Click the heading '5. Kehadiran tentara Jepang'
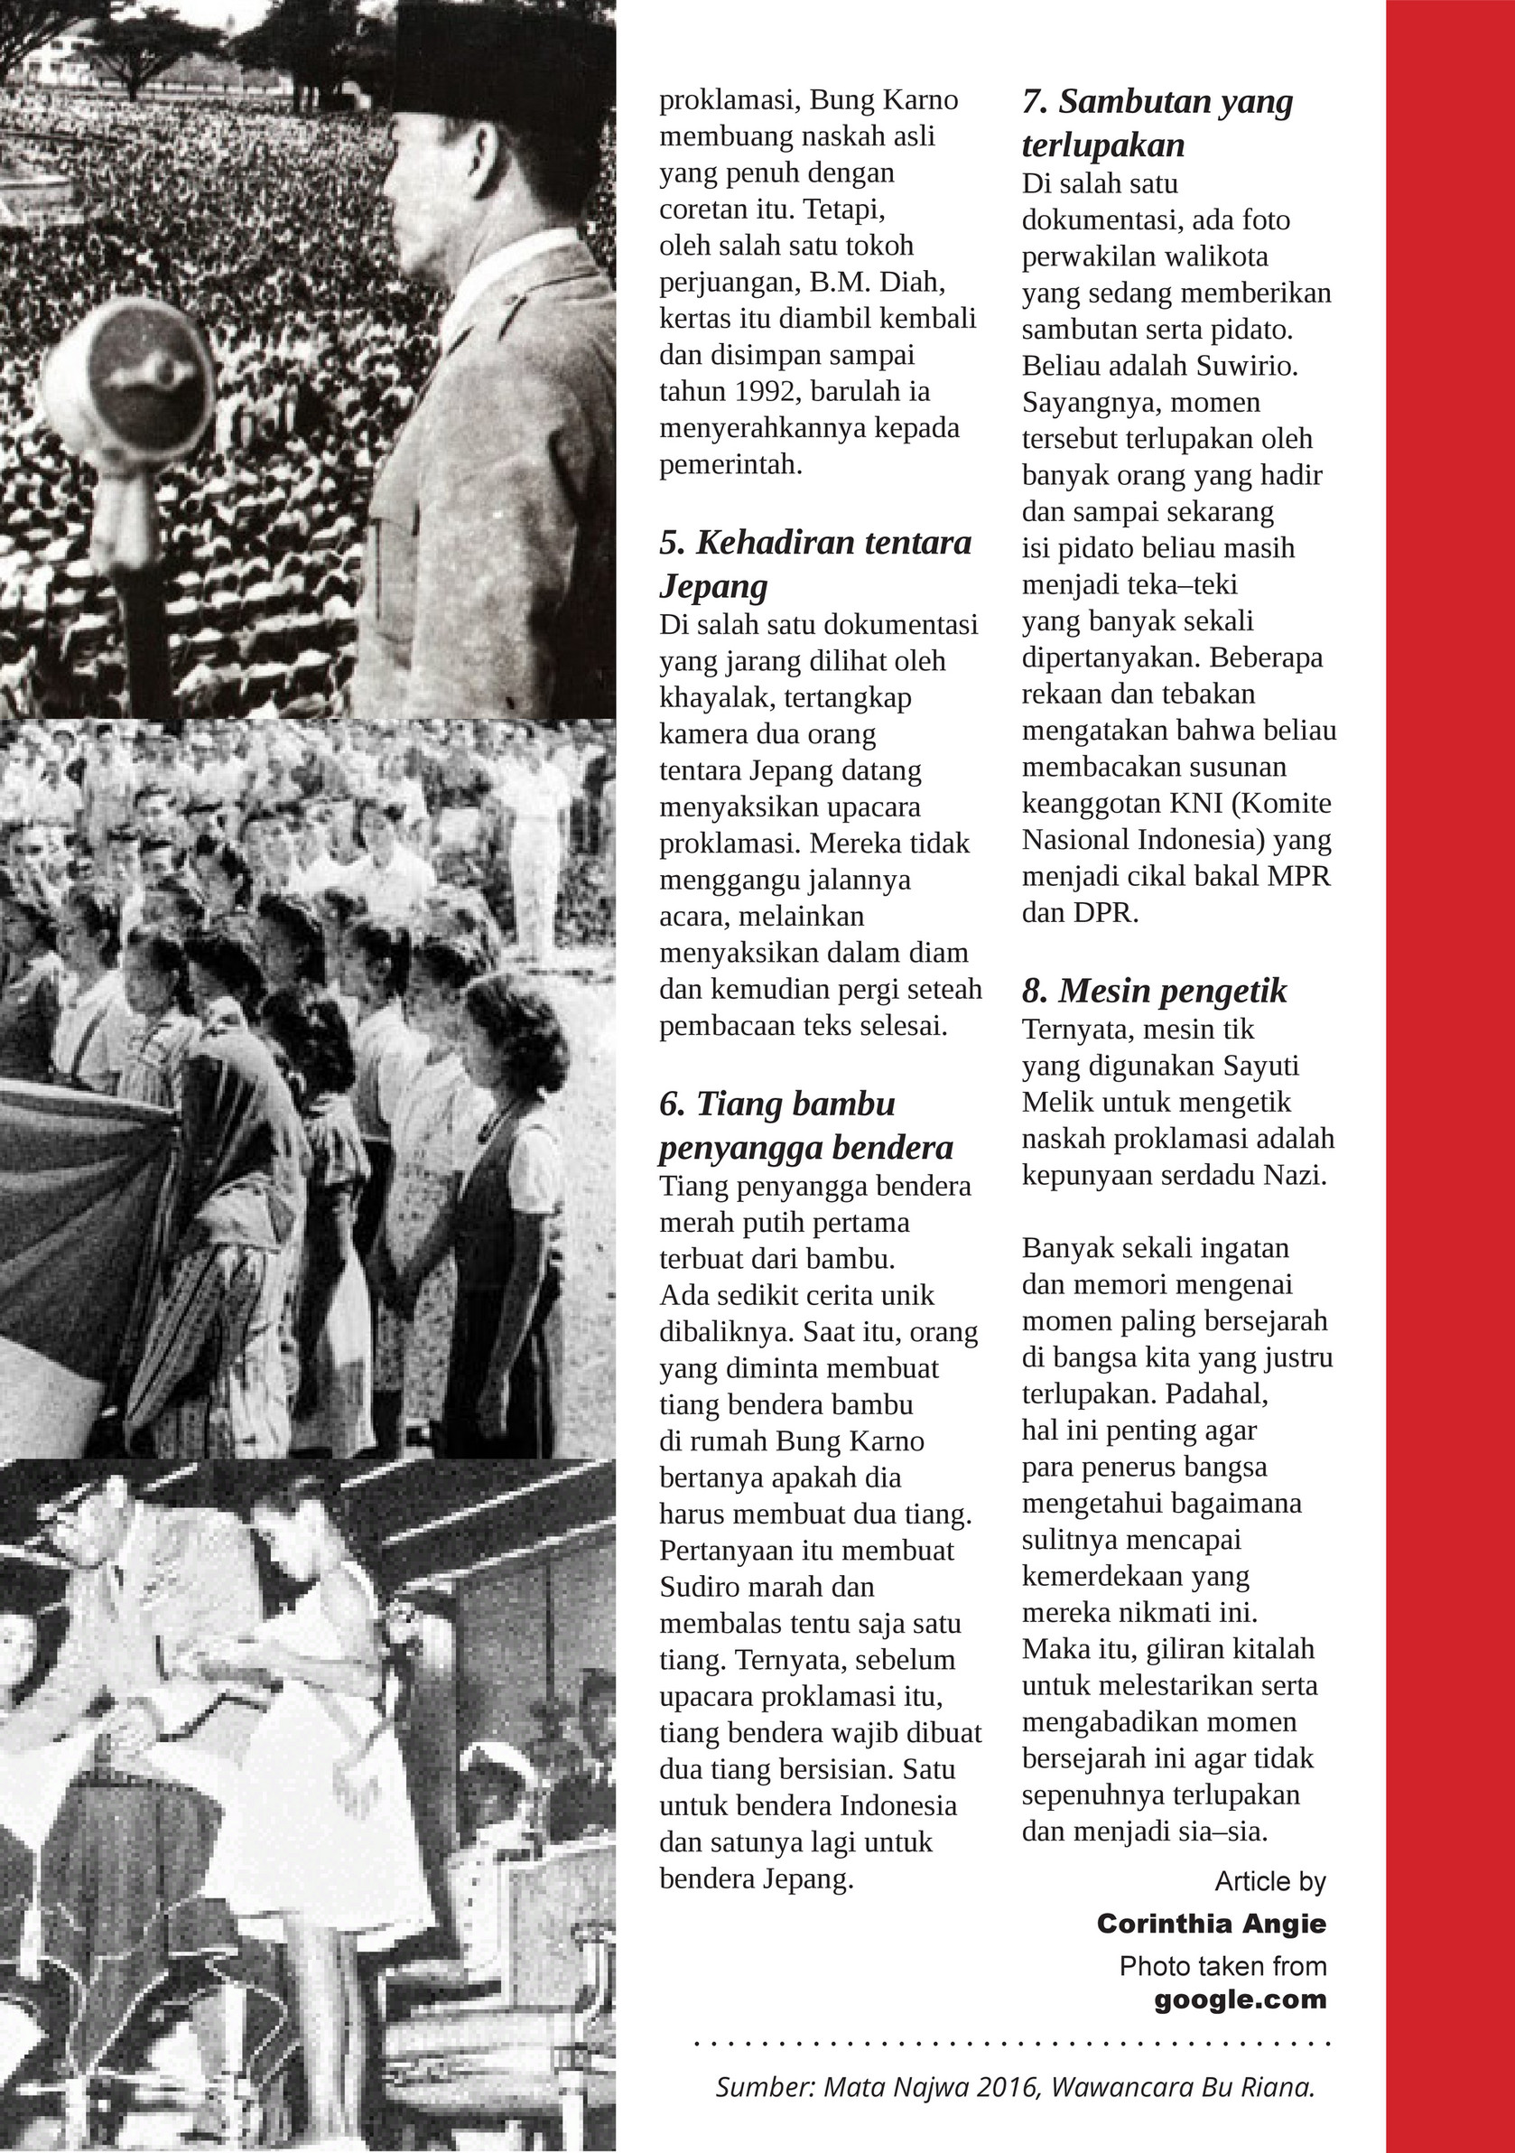[815, 564]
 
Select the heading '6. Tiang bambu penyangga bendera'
[806, 1125]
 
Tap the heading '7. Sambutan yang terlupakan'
[1157, 123]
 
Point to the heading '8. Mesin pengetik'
[1154, 992]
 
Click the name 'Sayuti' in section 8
[1255, 1067]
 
